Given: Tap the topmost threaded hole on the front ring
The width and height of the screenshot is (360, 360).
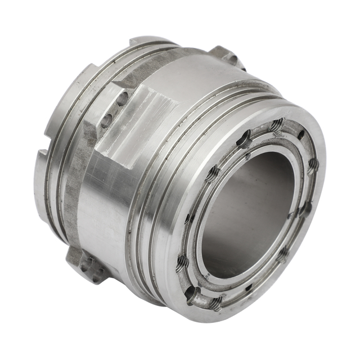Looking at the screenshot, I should (277, 125).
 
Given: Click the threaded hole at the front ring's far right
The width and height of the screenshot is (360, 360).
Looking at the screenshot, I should (313, 165).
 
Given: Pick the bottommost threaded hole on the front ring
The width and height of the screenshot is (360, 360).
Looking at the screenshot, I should (216, 303).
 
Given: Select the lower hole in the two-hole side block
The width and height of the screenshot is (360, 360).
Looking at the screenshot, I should (105, 120).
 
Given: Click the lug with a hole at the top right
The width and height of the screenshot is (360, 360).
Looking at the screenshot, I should (228, 57).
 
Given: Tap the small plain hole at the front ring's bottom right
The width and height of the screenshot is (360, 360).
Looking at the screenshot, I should (249, 287).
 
